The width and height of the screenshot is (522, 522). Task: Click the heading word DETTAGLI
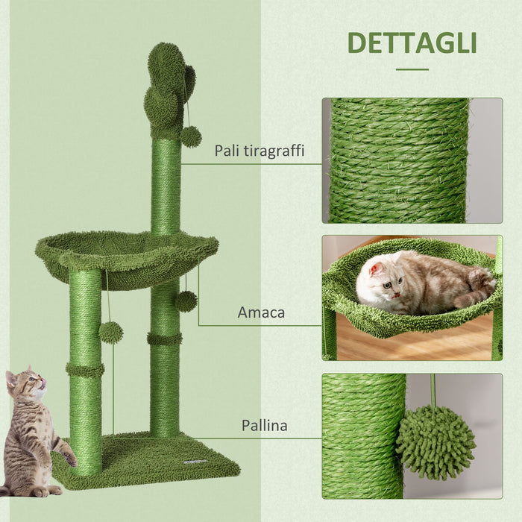[412, 43]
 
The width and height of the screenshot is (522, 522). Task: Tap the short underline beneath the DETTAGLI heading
[412, 69]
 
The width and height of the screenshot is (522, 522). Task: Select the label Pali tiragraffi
[259, 151]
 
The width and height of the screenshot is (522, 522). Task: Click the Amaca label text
[261, 312]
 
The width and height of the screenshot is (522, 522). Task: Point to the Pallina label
[264, 426]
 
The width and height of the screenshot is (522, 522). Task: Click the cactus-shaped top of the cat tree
[169, 89]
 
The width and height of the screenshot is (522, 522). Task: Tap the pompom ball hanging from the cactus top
[191, 136]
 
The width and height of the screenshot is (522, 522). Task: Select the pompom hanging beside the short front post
[111, 332]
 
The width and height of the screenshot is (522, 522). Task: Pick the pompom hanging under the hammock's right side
[186, 301]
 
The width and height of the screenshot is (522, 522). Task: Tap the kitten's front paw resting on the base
[69, 458]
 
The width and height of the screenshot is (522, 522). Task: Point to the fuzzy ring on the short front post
[85, 369]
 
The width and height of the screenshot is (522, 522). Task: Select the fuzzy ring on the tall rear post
[165, 339]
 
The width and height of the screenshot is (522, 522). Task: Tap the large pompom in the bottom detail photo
[435, 442]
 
